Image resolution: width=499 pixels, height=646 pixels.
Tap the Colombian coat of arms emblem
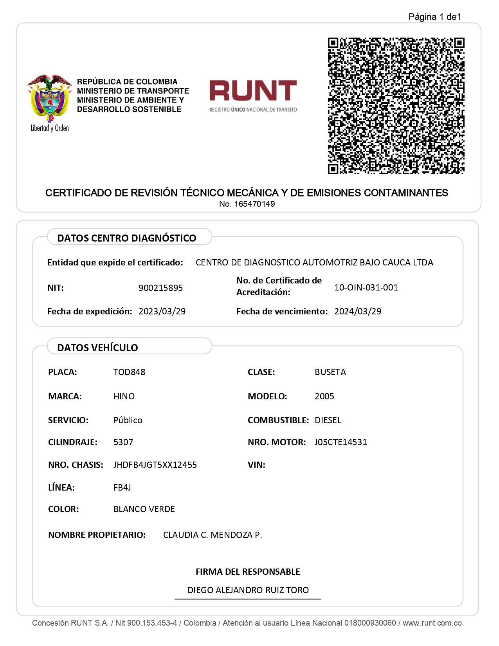click(49, 98)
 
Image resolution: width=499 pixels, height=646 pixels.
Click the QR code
click(396, 106)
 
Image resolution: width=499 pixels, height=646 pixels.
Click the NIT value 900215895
click(160, 288)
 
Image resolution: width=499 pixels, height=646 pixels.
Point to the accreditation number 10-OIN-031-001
click(366, 288)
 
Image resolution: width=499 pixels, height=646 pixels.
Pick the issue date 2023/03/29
click(162, 312)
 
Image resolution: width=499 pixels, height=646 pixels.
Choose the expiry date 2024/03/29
click(357, 312)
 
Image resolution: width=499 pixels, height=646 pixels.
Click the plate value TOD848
click(129, 372)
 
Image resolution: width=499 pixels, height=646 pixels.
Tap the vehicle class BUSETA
click(330, 372)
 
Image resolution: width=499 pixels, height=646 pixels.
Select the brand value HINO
click(124, 397)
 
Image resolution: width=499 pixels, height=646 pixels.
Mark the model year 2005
click(324, 397)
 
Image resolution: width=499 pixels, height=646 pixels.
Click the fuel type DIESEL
click(328, 420)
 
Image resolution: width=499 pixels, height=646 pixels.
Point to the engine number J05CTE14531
click(340, 442)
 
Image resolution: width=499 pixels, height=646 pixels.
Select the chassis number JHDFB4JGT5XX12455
click(155, 465)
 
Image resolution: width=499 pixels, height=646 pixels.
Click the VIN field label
click(256, 465)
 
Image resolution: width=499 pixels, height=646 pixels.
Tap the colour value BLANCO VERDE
click(144, 509)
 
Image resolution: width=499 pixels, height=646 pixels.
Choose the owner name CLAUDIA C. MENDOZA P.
click(213, 535)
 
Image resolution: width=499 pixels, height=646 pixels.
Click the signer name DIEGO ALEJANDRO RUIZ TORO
click(248, 590)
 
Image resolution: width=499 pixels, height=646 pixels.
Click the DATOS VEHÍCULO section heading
click(97, 348)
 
